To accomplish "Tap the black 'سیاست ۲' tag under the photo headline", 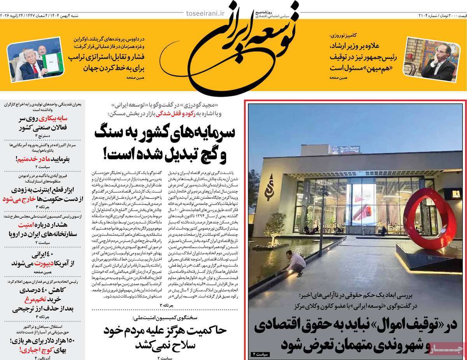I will click(258, 354).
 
